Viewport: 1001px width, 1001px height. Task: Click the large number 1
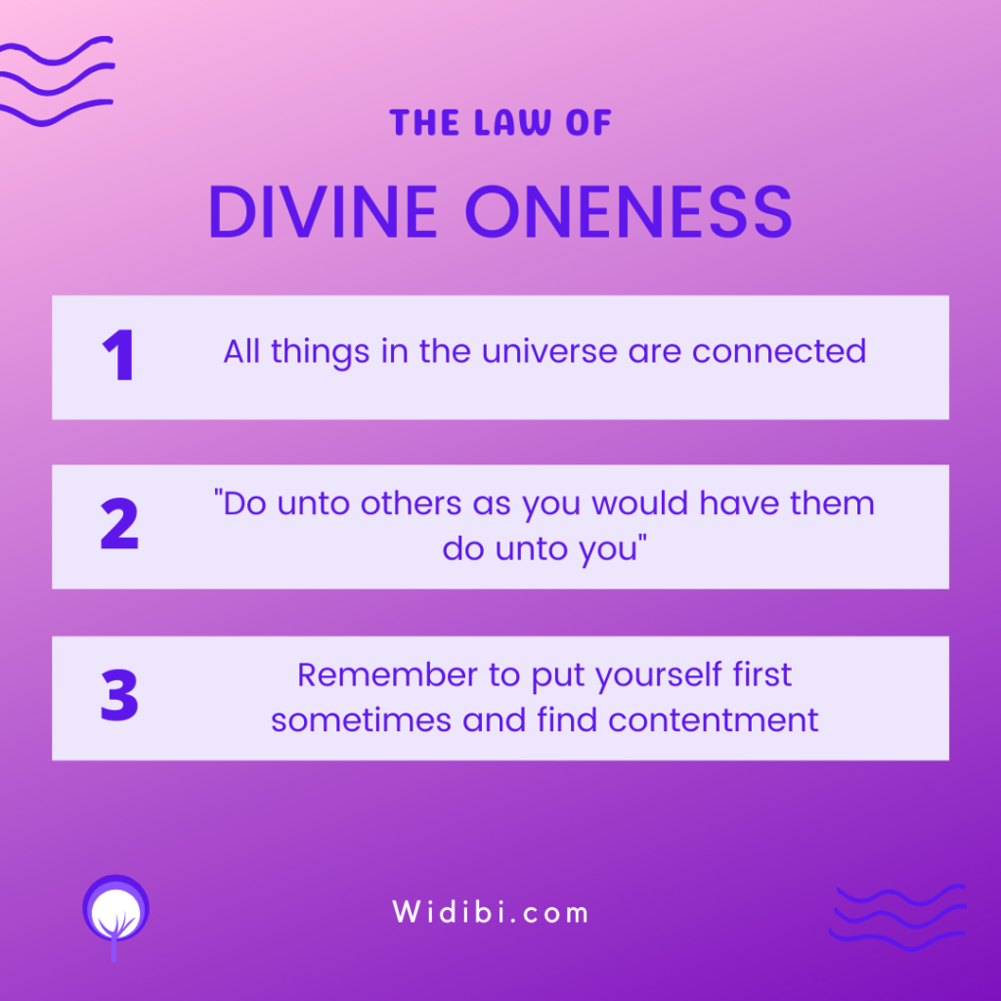pos(118,355)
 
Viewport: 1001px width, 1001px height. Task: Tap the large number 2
pos(119,524)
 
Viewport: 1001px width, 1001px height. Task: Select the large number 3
pos(119,695)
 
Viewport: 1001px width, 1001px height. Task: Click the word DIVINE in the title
pos(323,212)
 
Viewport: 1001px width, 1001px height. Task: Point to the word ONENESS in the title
pos(629,212)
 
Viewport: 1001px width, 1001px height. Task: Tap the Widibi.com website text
pos(491,912)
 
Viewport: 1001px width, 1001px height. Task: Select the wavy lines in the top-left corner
pos(56,81)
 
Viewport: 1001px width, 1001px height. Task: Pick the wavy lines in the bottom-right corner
pos(898,917)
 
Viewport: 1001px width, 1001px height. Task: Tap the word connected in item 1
pos(779,351)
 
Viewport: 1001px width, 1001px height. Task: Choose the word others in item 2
pos(412,503)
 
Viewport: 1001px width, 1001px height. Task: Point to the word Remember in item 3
pos(387,675)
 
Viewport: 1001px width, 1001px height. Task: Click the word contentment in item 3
pos(713,720)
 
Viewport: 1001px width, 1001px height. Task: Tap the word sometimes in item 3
pos(362,720)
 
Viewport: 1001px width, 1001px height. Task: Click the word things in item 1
pos(321,352)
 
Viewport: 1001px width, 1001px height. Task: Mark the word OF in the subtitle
pos(588,122)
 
